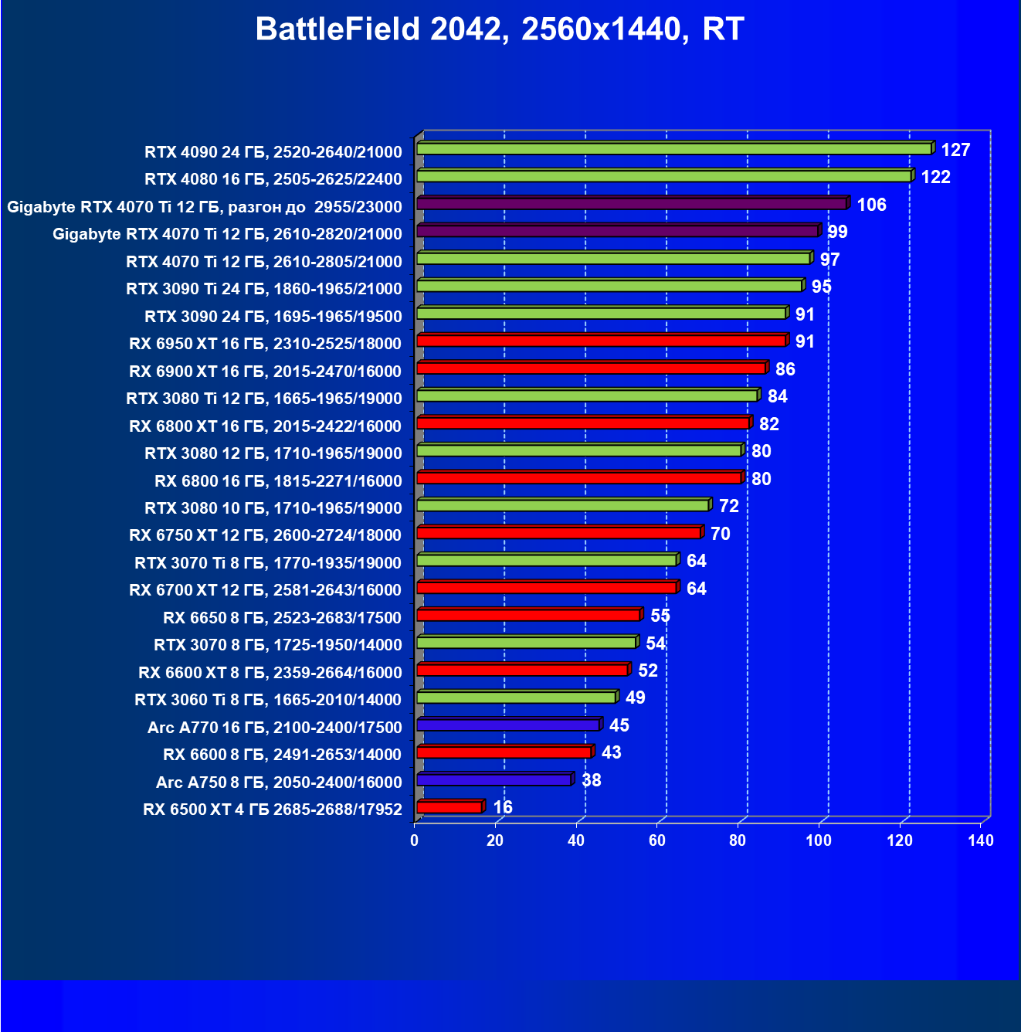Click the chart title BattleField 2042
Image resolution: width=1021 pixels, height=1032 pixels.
click(499, 29)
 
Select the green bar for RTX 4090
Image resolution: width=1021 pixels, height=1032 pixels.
click(673, 148)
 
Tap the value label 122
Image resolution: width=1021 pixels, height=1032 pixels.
click(935, 177)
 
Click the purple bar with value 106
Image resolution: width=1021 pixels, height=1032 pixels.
click(631, 203)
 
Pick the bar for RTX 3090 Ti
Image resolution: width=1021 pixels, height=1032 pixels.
click(609, 286)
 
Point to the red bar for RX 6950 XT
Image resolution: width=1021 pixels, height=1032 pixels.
click(601, 341)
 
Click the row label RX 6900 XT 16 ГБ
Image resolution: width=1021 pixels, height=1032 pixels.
click(265, 371)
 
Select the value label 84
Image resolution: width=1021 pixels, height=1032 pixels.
click(777, 396)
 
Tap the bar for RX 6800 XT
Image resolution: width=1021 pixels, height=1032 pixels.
click(582, 423)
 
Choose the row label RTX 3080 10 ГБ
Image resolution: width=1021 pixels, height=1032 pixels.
click(273, 508)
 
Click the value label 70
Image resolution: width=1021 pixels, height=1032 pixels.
click(720, 534)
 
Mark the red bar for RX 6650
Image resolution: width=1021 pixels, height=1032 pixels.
click(527, 615)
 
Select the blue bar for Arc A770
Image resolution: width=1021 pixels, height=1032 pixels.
click(507, 725)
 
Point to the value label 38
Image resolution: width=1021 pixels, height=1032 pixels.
click(591, 780)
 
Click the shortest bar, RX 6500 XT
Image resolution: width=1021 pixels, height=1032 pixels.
click(449, 807)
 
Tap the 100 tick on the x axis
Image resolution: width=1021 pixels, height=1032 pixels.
click(819, 840)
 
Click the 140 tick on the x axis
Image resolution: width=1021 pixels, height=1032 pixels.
click(980, 840)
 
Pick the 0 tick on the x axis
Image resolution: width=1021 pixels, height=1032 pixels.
click(415, 840)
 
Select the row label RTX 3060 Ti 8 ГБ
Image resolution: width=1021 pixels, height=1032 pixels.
click(268, 699)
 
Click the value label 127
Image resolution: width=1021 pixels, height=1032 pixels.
click(955, 150)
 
